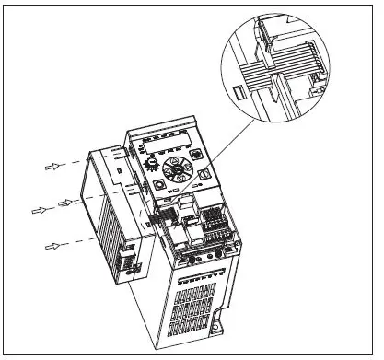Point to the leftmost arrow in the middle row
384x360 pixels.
point(39,210)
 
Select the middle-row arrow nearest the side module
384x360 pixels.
point(65,201)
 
